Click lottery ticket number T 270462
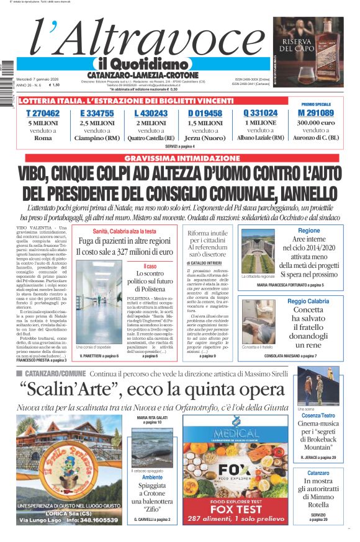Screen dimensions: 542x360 tap(43, 113)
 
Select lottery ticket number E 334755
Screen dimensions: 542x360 tap(97, 113)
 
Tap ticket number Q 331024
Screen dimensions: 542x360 tap(260, 113)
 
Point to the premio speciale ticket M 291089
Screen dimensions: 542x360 tap(316, 113)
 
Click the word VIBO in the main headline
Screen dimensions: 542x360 tap(36, 173)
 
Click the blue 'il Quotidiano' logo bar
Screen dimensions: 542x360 tap(142, 64)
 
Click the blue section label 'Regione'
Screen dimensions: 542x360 tap(308, 231)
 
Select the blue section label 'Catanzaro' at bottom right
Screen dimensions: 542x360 tap(318, 473)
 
